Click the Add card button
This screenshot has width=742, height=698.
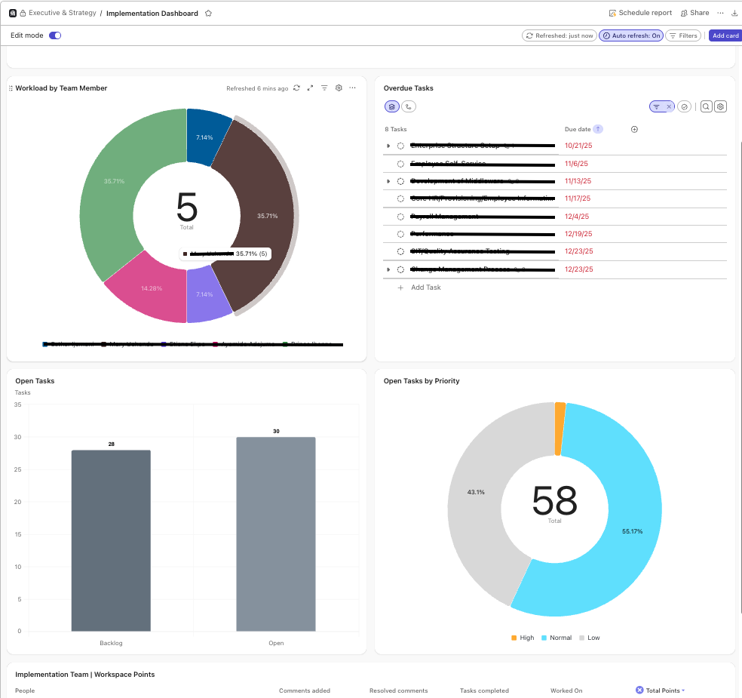[725, 35]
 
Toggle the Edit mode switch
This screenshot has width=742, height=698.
[55, 35]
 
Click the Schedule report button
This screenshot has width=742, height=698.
[640, 13]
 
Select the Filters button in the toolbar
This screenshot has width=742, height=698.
[683, 35]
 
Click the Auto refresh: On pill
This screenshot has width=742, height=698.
[631, 35]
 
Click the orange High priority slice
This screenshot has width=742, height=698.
[560, 429]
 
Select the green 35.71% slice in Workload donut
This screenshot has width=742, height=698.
[113, 189]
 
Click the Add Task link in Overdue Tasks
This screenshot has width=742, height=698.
[425, 288]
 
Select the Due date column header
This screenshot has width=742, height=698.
[578, 129]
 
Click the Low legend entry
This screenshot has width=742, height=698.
[593, 638]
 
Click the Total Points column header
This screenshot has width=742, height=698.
[663, 690]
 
